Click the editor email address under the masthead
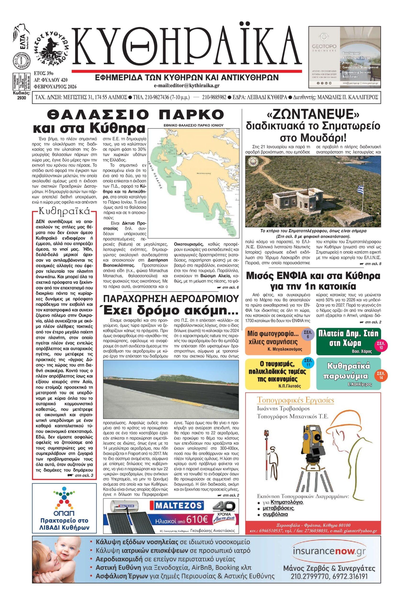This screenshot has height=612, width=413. (187, 86)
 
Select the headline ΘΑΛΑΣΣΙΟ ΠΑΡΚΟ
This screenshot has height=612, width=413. (136, 115)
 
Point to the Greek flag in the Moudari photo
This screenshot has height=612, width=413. (361, 189)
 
